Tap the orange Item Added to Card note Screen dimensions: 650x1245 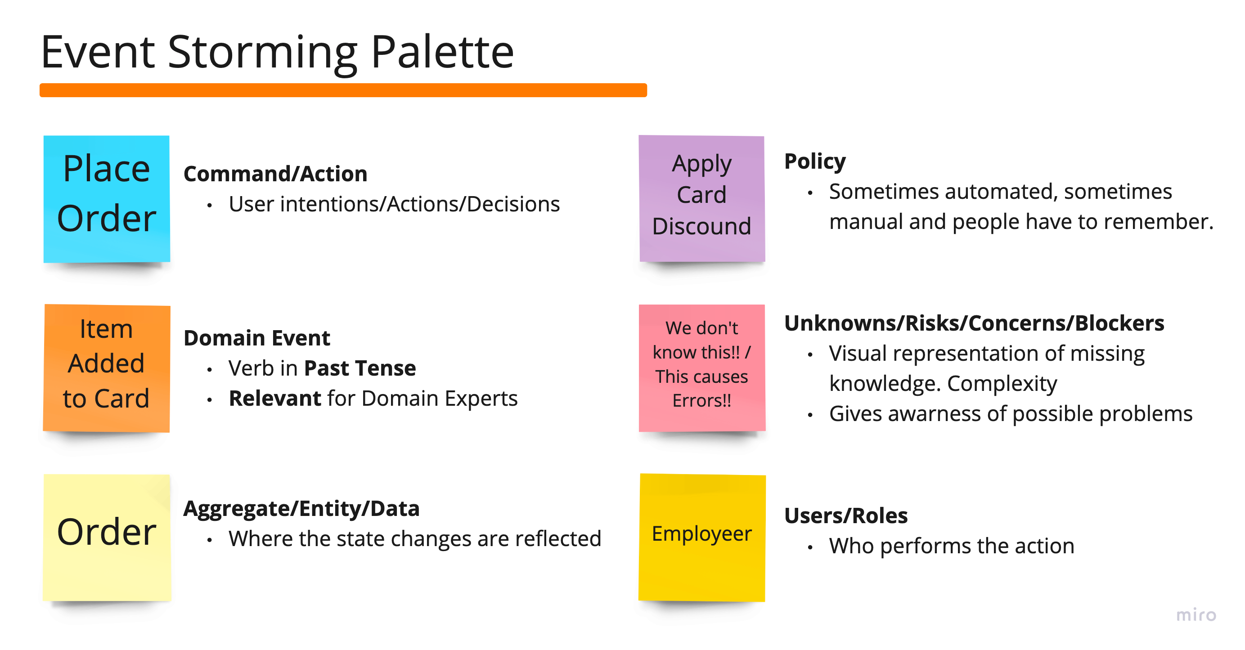(106, 368)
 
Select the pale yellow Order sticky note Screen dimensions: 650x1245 (106, 537)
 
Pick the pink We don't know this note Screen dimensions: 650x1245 (702, 368)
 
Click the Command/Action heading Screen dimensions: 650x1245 (275, 174)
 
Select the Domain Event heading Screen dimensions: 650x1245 (256, 338)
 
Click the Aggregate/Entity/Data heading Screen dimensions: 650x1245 (301, 508)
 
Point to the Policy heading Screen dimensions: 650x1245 (815, 161)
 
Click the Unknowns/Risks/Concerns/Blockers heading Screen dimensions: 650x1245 (974, 323)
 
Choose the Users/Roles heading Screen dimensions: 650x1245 (846, 516)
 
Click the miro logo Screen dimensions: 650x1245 (1196, 615)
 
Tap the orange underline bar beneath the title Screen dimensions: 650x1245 (343, 90)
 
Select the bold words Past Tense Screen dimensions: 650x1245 (360, 368)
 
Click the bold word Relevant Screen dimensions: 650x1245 (274, 398)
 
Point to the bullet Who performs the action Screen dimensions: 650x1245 (951, 546)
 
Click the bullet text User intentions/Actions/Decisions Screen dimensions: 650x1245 (394, 204)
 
